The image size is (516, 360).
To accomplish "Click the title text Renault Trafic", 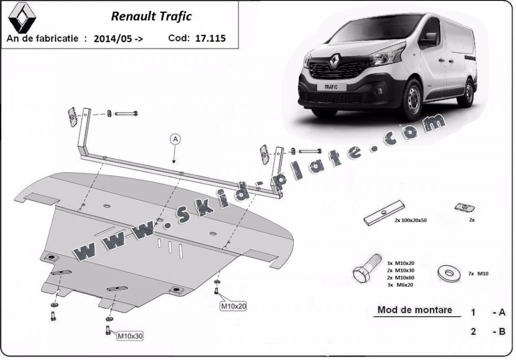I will click(x=151, y=16).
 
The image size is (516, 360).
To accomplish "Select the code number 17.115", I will click(x=211, y=38).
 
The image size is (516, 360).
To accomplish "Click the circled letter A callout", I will click(x=175, y=139).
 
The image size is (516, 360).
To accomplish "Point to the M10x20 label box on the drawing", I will click(x=233, y=306).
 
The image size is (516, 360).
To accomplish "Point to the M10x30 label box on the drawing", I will click(x=130, y=335).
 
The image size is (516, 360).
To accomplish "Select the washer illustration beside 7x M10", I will click(x=448, y=273).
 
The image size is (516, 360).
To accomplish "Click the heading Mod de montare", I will click(x=414, y=309).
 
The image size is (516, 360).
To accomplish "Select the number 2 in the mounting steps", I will click(x=473, y=332).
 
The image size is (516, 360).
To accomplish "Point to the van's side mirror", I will click(x=430, y=39).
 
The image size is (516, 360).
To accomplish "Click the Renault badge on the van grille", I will click(x=335, y=60).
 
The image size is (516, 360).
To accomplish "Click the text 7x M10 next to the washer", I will click(x=478, y=273).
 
